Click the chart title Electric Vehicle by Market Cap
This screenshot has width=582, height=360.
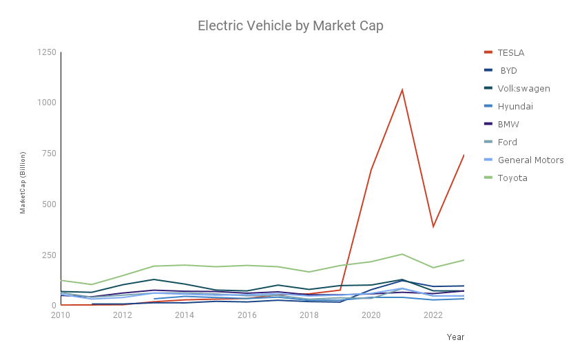[x=291, y=26]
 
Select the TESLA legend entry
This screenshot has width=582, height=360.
[x=511, y=52]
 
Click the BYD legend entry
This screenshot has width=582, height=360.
[x=508, y=70]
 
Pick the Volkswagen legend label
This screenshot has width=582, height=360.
[x=523, y=88]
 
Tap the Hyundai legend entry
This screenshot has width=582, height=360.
[x=515, y=106]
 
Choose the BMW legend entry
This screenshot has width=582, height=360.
[x=508, y=124]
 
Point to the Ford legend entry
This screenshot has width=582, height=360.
[x=507, y=142]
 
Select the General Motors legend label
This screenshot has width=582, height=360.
[x=530, y=160]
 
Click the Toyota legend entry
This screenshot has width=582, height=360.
[x=512, y=178]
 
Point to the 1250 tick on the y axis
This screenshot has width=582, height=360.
[x=47, y=52]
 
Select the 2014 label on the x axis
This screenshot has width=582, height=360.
[x=185, y=315]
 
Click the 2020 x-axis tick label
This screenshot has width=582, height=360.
[x=371, y=315]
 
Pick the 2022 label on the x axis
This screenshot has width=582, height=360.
[x=433, y=315]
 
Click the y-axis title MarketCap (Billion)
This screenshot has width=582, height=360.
[x=23, y=182]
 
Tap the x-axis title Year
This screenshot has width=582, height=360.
[x=455, y=337]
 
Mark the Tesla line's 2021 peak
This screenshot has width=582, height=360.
[x=402, y=89]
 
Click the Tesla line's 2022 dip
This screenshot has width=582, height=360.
[x=433, y=226]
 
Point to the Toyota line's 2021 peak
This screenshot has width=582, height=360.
[x=402, y=254]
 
